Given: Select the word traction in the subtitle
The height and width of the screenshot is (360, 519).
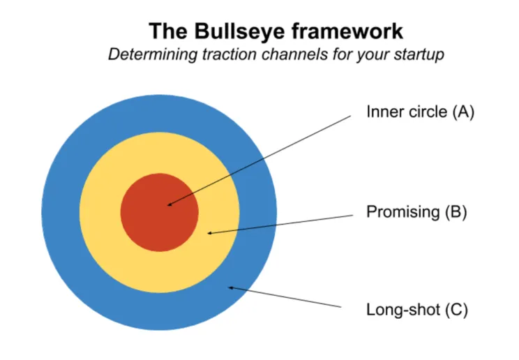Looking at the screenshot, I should (225, 55).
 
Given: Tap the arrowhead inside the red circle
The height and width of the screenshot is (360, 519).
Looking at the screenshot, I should (170, 204).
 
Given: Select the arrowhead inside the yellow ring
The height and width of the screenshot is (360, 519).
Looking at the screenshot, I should (210, 232).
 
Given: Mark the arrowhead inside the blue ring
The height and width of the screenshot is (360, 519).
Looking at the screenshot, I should (232, 287).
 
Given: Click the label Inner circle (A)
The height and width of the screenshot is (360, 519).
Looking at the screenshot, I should (420, 112).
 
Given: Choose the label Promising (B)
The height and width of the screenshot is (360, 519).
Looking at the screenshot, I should (416, 212).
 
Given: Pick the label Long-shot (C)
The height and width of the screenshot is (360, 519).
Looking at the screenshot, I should (416, 309).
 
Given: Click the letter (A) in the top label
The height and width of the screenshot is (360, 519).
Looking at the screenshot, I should (462, 112).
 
